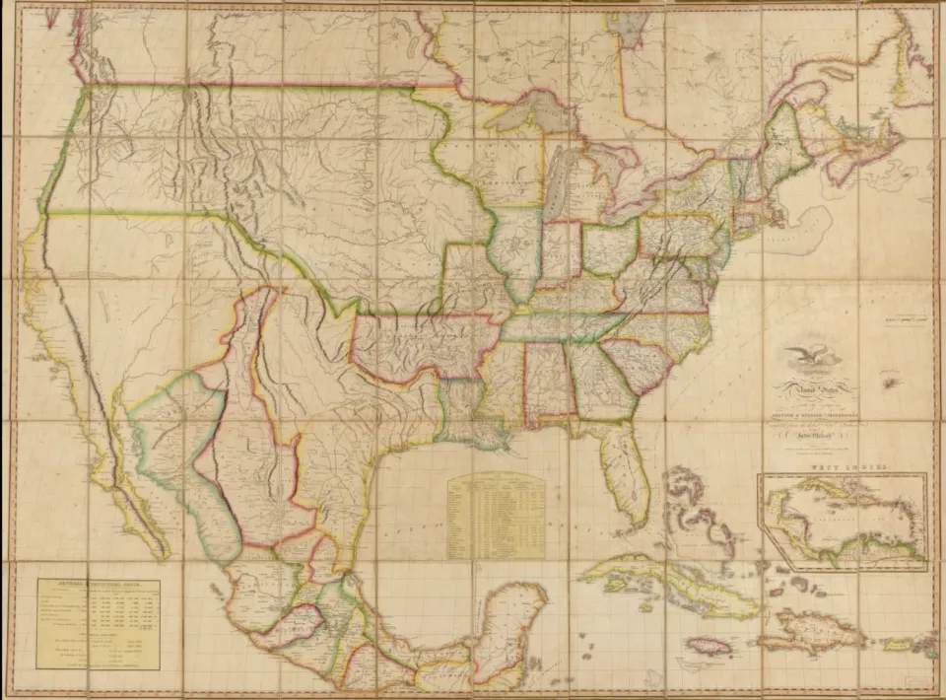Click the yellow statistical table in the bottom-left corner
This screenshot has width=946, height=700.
[x=98, y=622]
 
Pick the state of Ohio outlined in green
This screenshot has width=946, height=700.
[x=609, y=249]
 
